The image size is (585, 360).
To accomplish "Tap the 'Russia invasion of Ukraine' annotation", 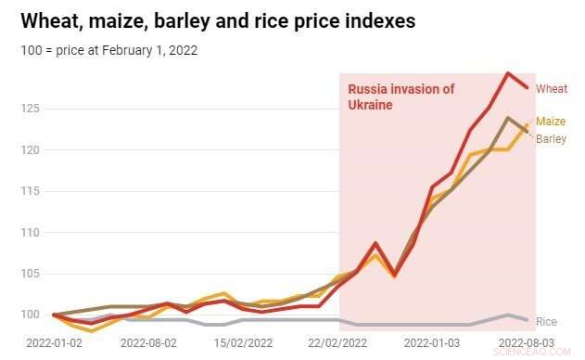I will pyautogui.click(x=401, y=97).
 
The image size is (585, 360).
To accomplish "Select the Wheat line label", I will pyautogui.click(x=552, y=89).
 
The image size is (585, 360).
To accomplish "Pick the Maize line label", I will pyautogui.click(x=552, y=122).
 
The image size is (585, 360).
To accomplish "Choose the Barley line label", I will pyautogui.click(x=551, y=138).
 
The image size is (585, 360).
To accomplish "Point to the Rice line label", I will pyautogui.click(x=547, y=321).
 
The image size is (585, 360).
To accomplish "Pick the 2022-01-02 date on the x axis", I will pyautogui.click(x=55, y=343).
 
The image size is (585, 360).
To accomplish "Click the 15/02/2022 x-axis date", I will pyautogui.click(x=243, y=343).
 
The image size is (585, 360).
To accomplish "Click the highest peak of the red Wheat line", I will pyautogui.click(x=508, y=73).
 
